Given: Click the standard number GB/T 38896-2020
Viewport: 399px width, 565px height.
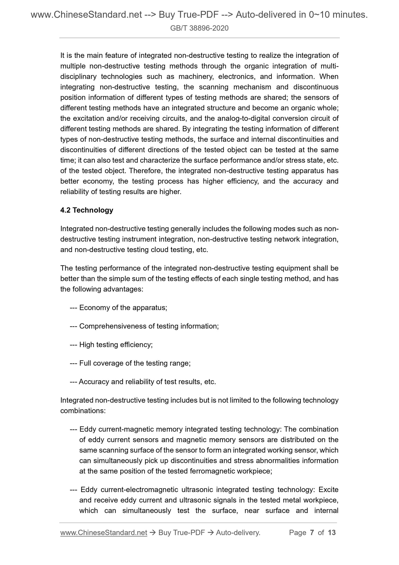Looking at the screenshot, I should coord(199,28).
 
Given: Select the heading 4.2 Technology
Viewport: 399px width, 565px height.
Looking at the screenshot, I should coord(87,210).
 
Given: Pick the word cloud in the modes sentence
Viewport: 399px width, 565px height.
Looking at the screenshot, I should coord(160,250).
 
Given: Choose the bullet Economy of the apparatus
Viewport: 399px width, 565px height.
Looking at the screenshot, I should coord(123,308).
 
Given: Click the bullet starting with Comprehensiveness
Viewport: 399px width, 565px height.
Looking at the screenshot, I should coord(149,326).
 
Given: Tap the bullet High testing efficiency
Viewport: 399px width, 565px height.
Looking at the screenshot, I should coord(116,345).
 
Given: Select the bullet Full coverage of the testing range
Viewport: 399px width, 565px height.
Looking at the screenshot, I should coord(135,363).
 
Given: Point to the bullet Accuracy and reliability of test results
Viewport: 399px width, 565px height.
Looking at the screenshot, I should coord(147,382).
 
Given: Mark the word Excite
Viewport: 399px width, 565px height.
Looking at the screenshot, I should coord(328,490).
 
